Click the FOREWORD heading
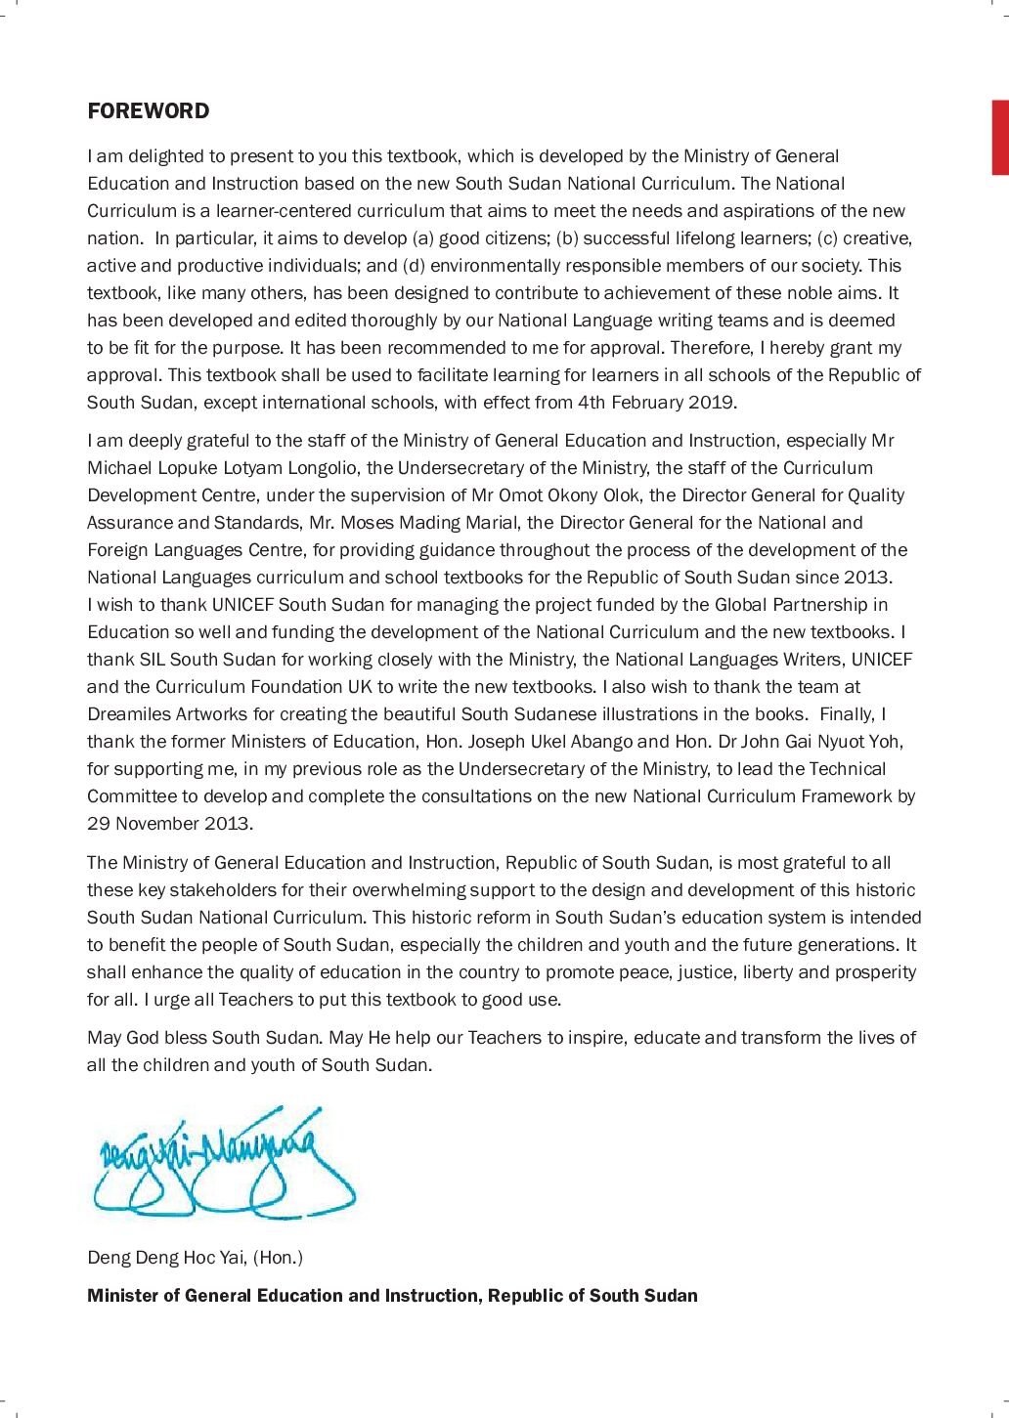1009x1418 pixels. point(148,111)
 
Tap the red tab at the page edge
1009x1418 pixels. point(1000,138)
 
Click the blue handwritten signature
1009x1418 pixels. point(220,1163)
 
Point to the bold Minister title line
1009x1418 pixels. point(392,1296)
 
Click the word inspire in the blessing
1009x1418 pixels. point(595,1038)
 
